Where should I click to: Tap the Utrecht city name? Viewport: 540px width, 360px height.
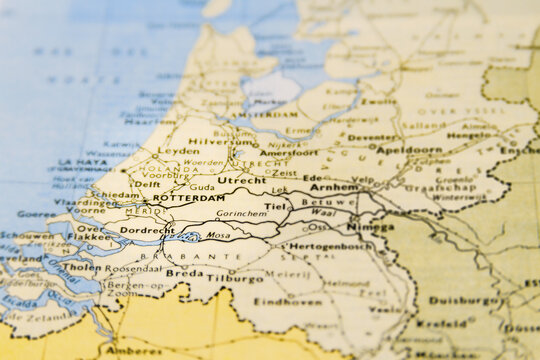242,180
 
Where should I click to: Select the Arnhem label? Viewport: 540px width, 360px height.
333,187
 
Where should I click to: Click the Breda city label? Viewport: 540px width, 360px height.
184,273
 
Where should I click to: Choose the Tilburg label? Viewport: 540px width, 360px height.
235,278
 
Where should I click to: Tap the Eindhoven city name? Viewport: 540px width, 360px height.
287,301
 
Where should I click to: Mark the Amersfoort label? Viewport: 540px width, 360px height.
289,153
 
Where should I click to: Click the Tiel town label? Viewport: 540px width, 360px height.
275,207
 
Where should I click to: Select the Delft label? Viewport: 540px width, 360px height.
147,184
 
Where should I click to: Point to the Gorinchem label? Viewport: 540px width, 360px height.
241,214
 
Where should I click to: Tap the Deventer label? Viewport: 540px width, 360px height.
372,138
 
